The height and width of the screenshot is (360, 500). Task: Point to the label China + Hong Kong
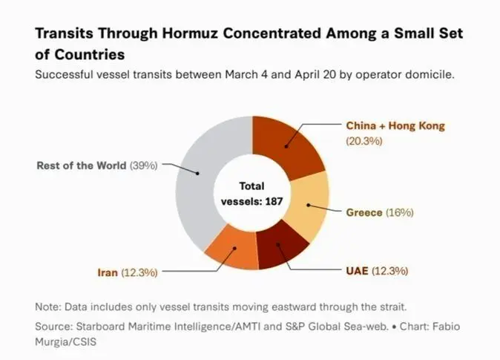395,125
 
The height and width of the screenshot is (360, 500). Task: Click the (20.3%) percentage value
364,140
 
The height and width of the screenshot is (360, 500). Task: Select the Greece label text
364,212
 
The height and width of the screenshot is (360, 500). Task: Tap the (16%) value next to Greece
399,212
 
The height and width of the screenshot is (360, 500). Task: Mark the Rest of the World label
82,165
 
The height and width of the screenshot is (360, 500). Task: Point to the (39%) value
144,165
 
